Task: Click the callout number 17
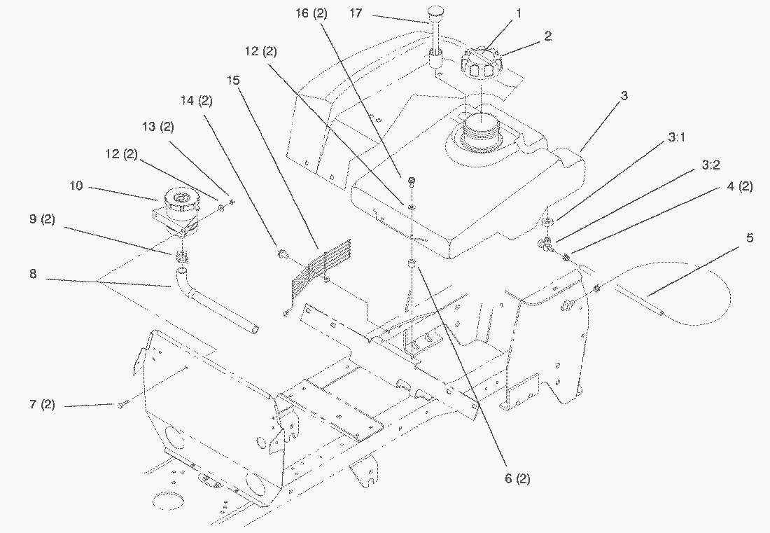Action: tap(356, 13)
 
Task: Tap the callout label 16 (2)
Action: tap(311, 13)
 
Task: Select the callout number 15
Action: tap(233, 80)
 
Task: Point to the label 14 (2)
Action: tap(197, 101)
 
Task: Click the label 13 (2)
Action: tap(157, 127)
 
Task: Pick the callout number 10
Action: tap(76, 186)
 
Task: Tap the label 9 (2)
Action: tap(42, 219)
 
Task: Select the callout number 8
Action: tap(33, 274)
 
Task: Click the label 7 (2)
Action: tap(42, 406)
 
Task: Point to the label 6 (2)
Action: tap(517, 478)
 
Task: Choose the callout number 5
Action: tap(750, 238)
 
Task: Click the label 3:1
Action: tap(676, 137)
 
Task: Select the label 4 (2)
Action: tap(740, 187)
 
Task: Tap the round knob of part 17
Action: tap(435, 12)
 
